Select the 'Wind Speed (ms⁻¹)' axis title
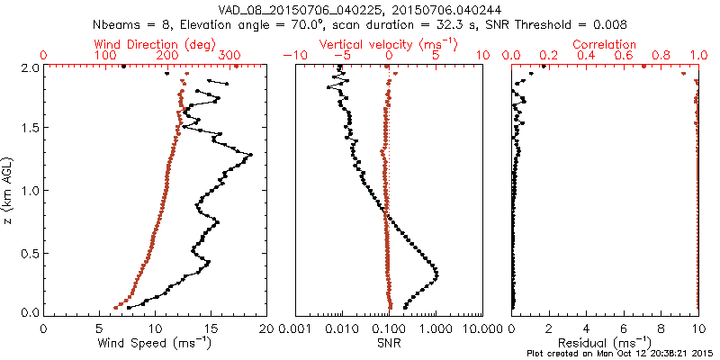click(155, 343)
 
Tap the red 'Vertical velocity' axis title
click(389, 44)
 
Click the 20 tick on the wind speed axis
click(265, 328)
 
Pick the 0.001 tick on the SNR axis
click(295, 328)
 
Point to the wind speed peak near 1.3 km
click(250, 155)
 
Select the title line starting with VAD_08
click(360, 9)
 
